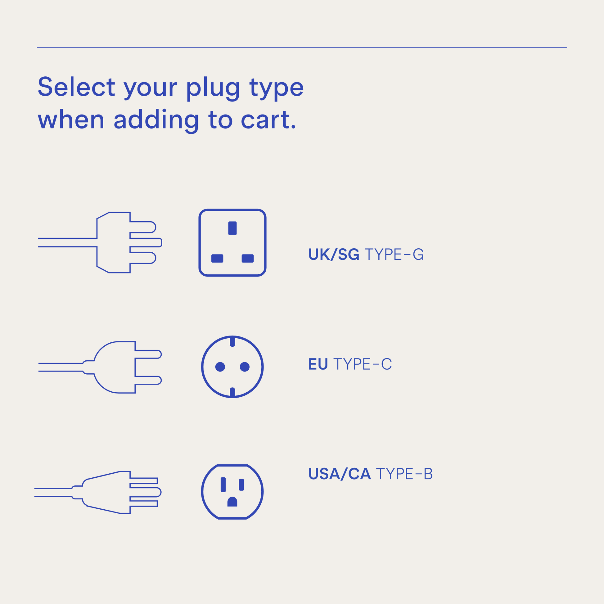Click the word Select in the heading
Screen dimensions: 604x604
coord(76,87)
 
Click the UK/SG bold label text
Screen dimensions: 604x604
coord(334,254)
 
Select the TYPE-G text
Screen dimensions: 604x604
coord(394,254)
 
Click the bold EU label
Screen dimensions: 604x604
coord(318,364)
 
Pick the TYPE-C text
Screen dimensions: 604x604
coord(363,364)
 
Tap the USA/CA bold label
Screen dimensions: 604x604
coord(340,474)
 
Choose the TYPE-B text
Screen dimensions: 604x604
coord(404,474)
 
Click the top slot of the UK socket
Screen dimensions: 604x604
coord(232,228)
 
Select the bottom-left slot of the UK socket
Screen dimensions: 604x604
coord(217,258)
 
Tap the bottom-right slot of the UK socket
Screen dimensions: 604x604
coord(248,258)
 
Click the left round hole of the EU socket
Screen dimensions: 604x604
coord(220,367)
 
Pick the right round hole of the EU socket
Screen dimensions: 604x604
coord(245,367)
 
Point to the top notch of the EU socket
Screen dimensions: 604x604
coord(232,341)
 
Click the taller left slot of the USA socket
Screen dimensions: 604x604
coord(223,485)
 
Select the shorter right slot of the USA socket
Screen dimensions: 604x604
coord(241,485)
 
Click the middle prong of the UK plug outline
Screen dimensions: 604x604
coord(146,242)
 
